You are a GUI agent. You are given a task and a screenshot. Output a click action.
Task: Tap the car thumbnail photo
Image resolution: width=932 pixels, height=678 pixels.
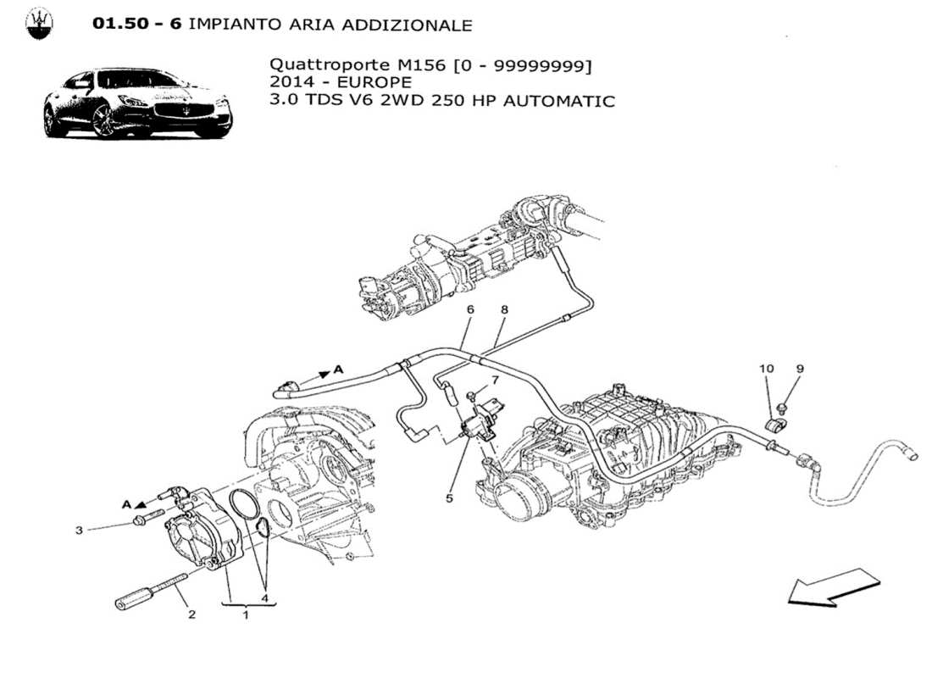tap(137, 103)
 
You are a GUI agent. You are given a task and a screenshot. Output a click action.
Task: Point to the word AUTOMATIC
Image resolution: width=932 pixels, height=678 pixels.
tap(558, 101)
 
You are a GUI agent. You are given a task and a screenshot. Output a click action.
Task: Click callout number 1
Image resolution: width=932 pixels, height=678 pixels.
tap(246, 614)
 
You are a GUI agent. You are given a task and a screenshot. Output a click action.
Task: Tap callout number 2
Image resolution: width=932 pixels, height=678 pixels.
tap(191, 614)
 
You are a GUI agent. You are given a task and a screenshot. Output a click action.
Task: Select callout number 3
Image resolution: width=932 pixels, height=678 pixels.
tap(79, 531)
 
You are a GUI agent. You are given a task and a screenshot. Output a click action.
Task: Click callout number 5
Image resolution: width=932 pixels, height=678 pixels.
tap(449, 498)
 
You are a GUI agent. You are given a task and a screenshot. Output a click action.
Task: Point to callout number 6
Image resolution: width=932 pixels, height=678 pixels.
tap(470, 310)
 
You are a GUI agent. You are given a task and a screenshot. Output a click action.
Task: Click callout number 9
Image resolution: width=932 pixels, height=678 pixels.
tap(799, 369)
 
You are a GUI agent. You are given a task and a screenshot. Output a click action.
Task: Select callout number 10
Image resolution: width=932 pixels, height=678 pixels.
tap(767, 369)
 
